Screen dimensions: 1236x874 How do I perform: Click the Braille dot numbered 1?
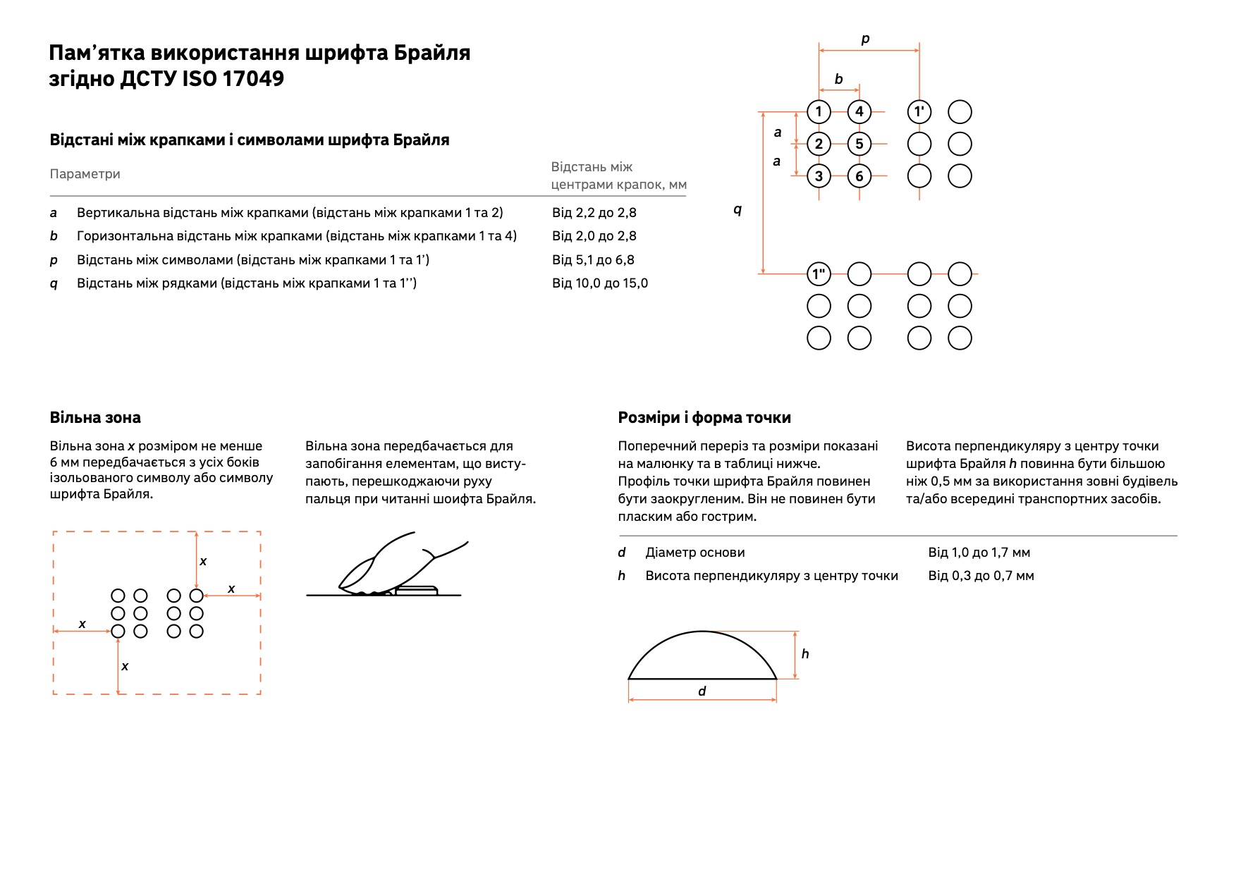tap(819, 111)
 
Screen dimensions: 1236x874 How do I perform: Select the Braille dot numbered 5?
tap(859, 144)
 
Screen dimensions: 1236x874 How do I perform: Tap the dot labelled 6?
tap(859, 176)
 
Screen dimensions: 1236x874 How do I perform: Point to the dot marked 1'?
tap(919, 111)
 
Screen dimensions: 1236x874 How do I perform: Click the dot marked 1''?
tap(819, 273)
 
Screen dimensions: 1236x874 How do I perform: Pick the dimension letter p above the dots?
tap(865, 39)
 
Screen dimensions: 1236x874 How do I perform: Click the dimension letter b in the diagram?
tap(838, 79)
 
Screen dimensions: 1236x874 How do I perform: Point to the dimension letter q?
tap(738, 209)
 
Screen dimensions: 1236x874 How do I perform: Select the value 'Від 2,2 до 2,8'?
tap(594, 212)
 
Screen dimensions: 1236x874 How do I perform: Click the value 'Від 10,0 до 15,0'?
tap(600, 283)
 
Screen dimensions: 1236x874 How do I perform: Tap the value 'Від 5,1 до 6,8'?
tap(593, 259)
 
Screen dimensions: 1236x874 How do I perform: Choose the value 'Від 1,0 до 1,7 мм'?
tap(979, 553)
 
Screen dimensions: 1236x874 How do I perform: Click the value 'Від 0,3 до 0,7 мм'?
tap(981, 576)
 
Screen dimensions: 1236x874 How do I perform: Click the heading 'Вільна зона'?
tap(95, 417)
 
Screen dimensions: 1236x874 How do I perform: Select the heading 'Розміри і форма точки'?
tap(704, 418)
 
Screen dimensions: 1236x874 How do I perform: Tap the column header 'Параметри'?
tap(85, 174)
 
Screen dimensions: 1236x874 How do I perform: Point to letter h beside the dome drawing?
tap(805, 653)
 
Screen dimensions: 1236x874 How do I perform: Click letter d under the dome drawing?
tap(702, 691)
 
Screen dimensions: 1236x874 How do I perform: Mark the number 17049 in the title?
tap(253, 78)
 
